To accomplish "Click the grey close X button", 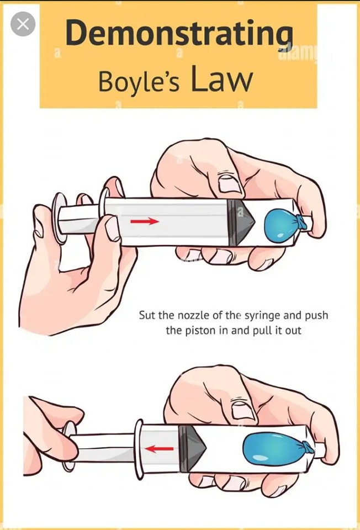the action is tap(23, 24).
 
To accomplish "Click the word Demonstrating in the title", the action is tap(179, 34).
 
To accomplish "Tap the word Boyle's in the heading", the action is tap(139, 82).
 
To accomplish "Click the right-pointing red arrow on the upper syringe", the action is tap(145, 221).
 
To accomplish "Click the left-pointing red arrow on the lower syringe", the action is tap(159, 449).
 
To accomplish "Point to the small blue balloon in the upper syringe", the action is tap(279, 226).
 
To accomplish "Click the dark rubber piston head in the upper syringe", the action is tap(241, 222).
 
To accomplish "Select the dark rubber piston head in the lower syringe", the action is tap(192, 448).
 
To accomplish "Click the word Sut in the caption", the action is tap(147, 315).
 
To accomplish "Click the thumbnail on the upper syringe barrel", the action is tap(229, 183).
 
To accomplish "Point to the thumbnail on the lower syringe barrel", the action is tap(243, 410).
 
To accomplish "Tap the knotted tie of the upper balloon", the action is tap(303, 222).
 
